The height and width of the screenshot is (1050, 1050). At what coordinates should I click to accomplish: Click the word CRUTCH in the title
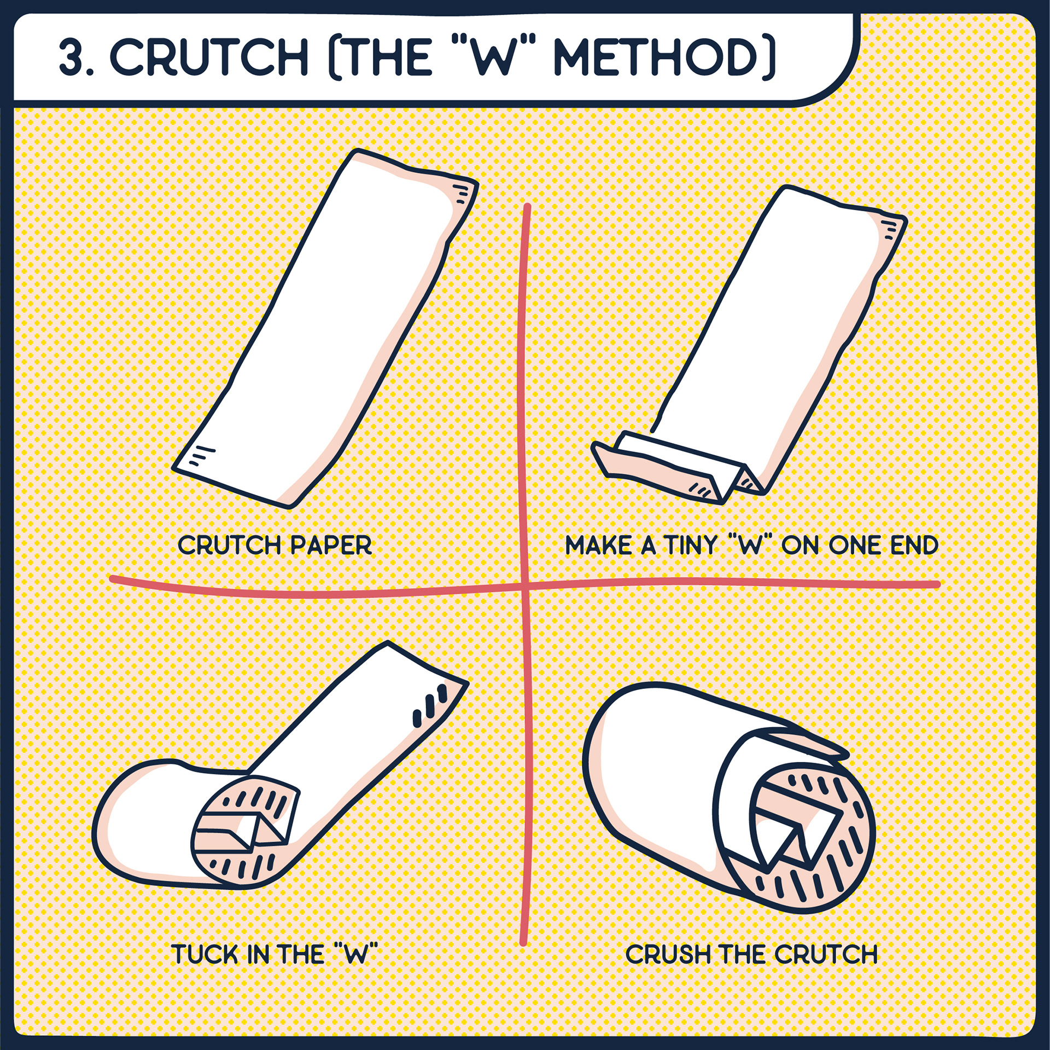(x=209, y=57)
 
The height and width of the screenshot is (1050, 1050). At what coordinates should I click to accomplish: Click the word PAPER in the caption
(x=331, y=546)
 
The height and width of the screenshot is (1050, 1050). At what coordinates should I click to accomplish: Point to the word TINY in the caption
(x=690, y=546)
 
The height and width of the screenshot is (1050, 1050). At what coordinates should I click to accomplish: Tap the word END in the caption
(x=914, y=546)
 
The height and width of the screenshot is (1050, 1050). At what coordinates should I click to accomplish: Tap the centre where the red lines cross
(x=524, y=587)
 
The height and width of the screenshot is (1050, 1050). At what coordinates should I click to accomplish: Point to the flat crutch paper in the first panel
(x=326, y=328)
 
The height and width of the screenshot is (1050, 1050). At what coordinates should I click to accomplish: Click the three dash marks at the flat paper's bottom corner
(x=201, y=455)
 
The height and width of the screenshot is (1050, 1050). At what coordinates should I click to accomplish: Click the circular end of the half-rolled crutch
(x=246, y=832)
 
